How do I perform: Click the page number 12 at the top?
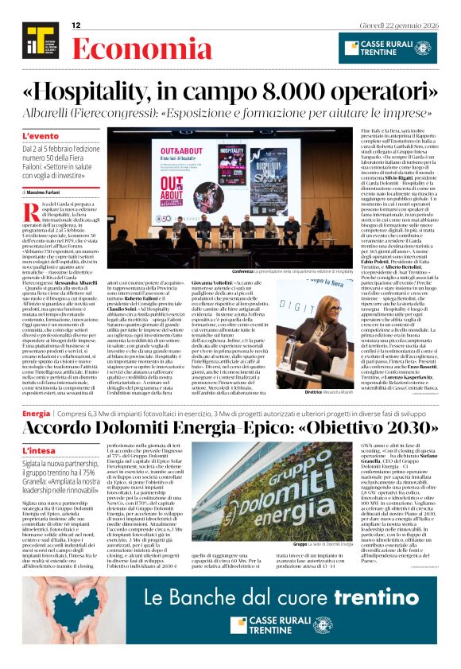(x=76, y=25)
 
